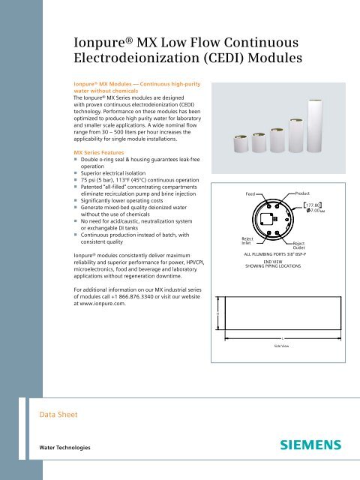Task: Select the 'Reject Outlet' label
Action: (x=298, y=246)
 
